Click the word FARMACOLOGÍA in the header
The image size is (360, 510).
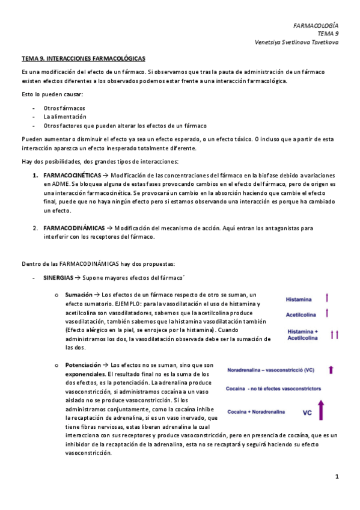316,26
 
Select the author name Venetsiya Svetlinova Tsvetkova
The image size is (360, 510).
297,43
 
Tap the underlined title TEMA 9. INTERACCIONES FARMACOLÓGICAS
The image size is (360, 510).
83,59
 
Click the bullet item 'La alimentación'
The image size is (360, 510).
65,117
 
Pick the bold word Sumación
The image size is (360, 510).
79,295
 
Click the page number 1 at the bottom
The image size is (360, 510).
338,477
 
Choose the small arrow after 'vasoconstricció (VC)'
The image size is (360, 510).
331,370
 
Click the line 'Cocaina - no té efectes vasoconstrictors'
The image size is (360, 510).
273,389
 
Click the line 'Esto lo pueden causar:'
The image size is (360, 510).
52,94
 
